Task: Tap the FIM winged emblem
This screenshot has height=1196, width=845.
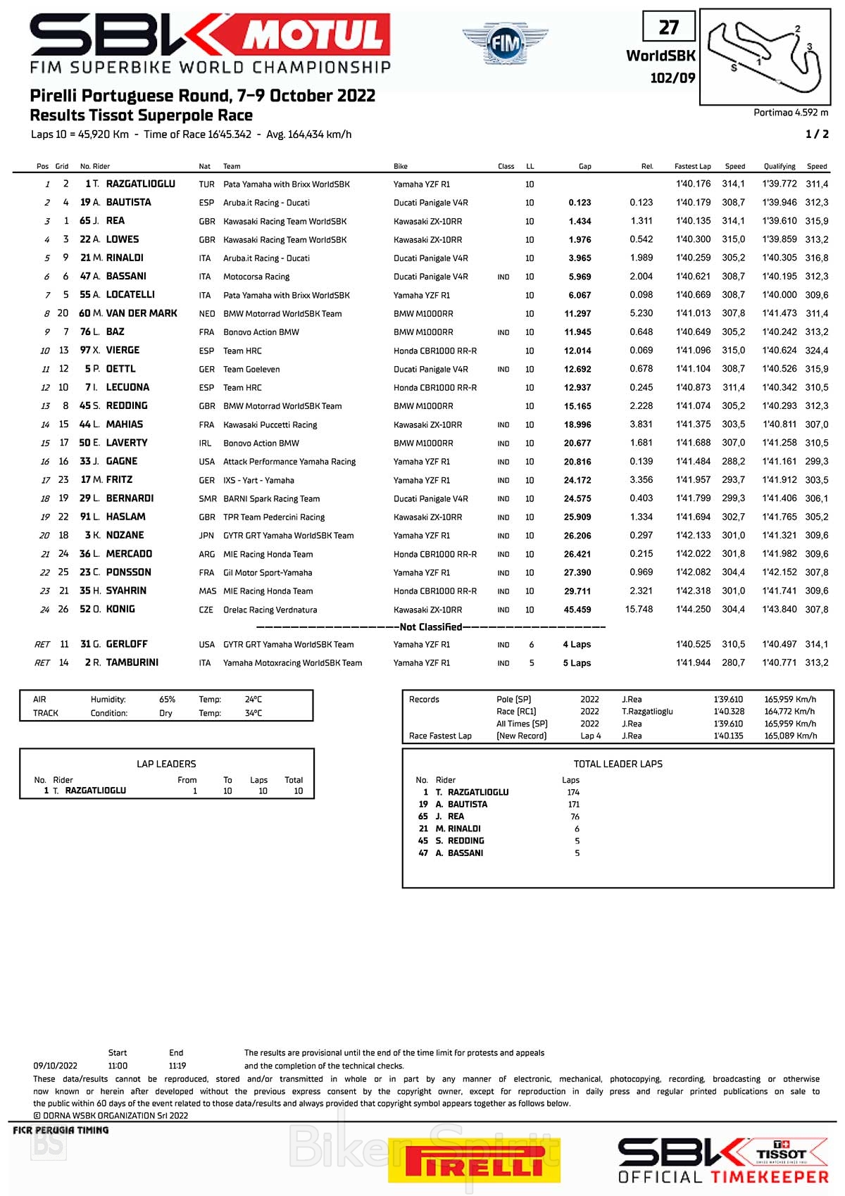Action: coord(505,44)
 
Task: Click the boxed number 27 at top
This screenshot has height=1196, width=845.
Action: coord(668,27)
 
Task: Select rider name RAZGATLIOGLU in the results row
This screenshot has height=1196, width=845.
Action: coord(140,184)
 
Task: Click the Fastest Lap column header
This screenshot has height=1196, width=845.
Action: coord(692,166)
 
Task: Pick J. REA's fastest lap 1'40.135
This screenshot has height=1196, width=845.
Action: coord(693,221)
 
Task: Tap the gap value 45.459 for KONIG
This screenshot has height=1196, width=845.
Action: coord(577,610)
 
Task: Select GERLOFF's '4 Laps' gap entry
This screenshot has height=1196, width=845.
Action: coord(577,644)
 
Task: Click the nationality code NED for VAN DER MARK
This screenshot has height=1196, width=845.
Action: coord(207,313)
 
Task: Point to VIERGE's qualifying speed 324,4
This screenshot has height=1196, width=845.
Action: coord(817,351)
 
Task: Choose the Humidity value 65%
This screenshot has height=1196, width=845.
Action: coord(167,699)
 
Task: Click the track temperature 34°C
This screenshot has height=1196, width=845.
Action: coord(254,713)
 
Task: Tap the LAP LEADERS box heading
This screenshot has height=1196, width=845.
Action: coord(166,764)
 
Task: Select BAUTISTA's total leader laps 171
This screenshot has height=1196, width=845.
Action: coord(574,804)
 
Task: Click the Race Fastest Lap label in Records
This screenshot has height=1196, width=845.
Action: coord(440,736)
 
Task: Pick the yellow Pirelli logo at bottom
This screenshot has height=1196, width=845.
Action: coord(474,1160)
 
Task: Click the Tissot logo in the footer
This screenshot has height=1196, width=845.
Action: coord(782,1154)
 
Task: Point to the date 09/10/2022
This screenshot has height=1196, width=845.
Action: coord(56,1066)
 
